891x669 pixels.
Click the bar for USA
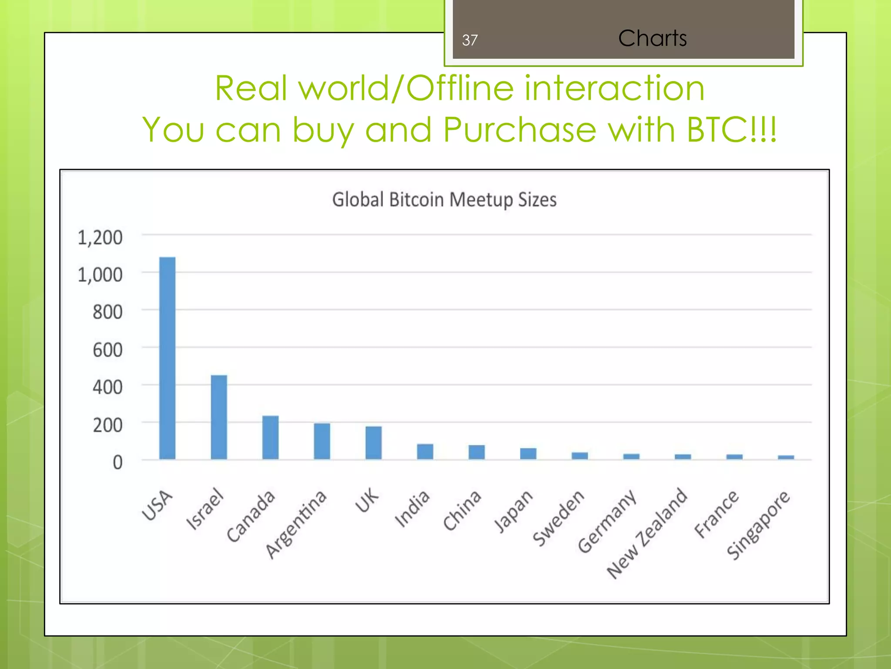(x=167, y=358)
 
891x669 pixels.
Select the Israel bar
(x=219, y=417)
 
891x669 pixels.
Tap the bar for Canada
(x=270, y=437)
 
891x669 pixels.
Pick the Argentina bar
(x=322, y=441)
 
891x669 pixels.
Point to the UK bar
(x=373, y=443)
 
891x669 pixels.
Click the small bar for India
(x=425, y=452)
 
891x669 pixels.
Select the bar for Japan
(x=528, y=453)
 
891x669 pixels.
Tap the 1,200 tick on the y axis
(x=100, y=238)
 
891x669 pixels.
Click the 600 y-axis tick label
(x=107, y=350)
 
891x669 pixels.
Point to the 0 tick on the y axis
(x=117, y=463)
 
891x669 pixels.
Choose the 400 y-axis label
(x=107, y=388)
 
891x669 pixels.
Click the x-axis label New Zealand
(x=647, y=534)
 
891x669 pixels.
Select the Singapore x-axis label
(x=759, y=524)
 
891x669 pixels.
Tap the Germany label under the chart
(x=607, y=521)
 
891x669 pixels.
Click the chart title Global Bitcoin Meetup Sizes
(x=444, y=200)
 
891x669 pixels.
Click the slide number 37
(x=470, y=41)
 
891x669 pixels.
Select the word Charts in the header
(x=652, y=38)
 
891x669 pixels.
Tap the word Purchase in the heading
(x=519, y=130)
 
